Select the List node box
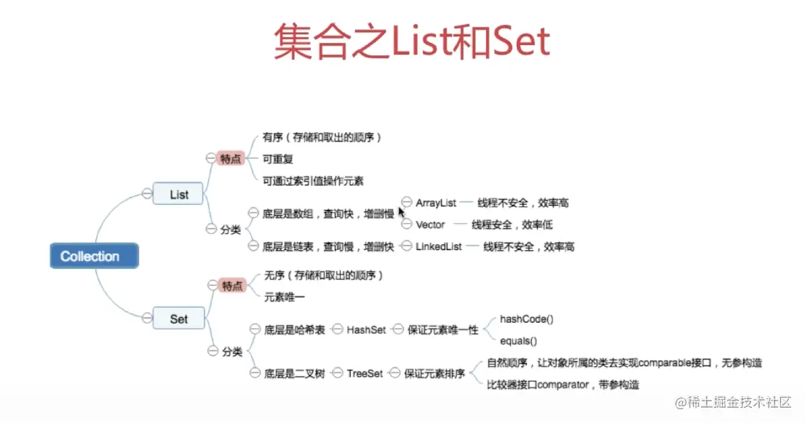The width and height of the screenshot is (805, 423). click(x=178, y=194)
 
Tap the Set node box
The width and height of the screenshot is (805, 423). click(x=178, y=318)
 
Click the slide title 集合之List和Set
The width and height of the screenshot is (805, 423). click(x=411, y=42)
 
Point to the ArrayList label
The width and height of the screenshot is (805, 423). click(x=436, y=203)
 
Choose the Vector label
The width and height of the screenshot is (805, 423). click(x=430, y=225)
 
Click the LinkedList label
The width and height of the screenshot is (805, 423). click(x=439, y=246)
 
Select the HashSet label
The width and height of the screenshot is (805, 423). click(x=366, y=329)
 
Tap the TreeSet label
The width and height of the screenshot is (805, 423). click(x=365, y=373)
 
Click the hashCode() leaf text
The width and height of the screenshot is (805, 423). click(x=527, y=318)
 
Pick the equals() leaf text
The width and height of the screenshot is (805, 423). click(x=518, y=340)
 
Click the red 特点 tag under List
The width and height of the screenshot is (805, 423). click(x=231, y=158)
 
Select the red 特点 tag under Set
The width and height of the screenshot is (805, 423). click(x=231, y=286)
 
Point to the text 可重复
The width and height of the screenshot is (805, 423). click(x=278, y=158)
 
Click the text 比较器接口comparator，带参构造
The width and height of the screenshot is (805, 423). click(x=563, y=384)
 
